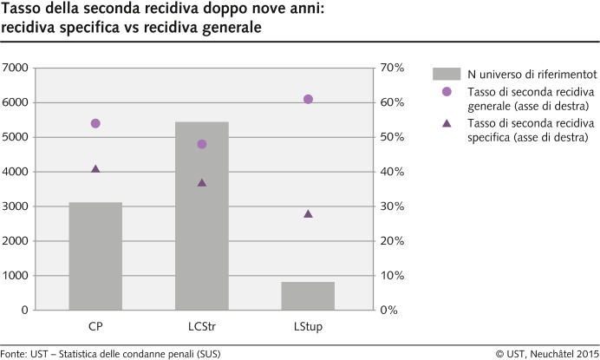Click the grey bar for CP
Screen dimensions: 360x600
(x=95, y=256)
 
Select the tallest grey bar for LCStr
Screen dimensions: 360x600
(x=202, y=216)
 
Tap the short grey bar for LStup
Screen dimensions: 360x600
(x=308, y=296)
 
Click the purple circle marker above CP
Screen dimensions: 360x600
(x=95, y=123)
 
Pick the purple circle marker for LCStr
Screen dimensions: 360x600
(x=202, y=144)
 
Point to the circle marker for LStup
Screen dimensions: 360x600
(x=308, y=99)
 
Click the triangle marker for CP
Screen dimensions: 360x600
(x=95, y=169)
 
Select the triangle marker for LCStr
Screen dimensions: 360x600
(x=202, y=183)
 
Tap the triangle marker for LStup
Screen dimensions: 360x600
(x=308, y=213)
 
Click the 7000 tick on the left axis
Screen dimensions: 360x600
(x=16, y=68)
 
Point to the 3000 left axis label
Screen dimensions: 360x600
(x=16, y=206)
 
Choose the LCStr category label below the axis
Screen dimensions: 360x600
(x=202, y=328)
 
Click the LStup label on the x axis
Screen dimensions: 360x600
(x=308, y=328)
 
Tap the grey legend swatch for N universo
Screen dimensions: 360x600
(x=446, y=73)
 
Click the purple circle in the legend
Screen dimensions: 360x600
(x=447, y=92)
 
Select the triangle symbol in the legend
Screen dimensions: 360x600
(x=447, y=123)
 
